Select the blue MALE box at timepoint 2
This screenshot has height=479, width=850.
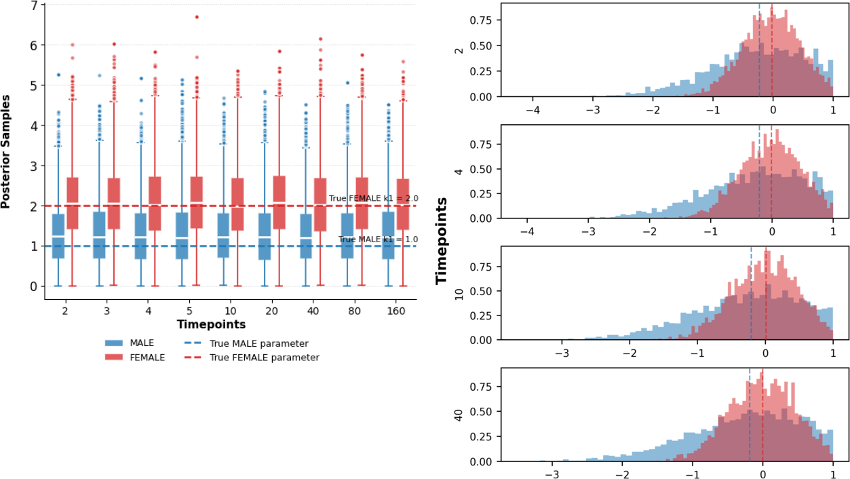click(58, 236)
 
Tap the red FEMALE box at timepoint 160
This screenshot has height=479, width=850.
click(403, 204)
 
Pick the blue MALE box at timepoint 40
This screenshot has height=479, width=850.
click(306, 236)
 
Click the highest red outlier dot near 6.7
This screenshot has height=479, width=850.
click(197, 17)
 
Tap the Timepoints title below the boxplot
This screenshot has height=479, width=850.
click(211, 324)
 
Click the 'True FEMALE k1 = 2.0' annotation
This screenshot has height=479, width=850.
click(372, 199)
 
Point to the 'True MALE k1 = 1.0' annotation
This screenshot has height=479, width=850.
click(377, 240)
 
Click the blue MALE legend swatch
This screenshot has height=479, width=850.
click(114, 343)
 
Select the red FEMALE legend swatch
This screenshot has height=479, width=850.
click(114, 358)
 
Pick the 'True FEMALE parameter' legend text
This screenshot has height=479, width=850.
click(264, 358)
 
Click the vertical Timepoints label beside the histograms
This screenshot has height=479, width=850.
click(442, 241)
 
